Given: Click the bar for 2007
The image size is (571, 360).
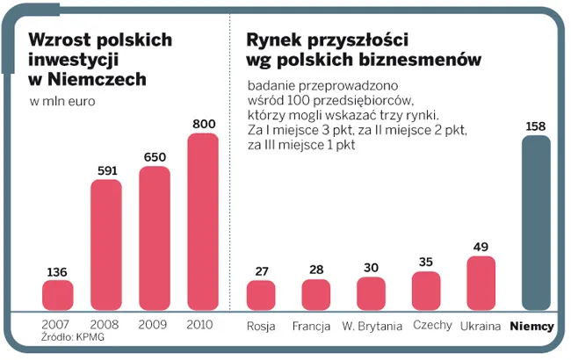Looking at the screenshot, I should click(58, 295).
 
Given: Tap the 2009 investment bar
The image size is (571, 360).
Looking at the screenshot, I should click(155, 237).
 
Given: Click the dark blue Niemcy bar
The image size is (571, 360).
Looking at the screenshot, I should click(535, 223).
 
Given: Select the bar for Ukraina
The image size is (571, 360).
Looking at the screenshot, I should click(481, 283).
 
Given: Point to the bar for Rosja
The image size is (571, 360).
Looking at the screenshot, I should click(261, 295).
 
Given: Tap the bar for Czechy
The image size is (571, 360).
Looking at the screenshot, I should click(426, 291).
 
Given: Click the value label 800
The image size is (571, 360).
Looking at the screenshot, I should click(203, 124).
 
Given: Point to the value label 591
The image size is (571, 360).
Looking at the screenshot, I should click(106, 171).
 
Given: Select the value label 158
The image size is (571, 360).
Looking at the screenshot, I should click(535, 126).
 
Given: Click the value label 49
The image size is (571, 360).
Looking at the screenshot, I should click(481, 247).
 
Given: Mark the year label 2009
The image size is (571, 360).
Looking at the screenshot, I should click(155, 324).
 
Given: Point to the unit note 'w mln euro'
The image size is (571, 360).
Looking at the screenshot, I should click(62, 102).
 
